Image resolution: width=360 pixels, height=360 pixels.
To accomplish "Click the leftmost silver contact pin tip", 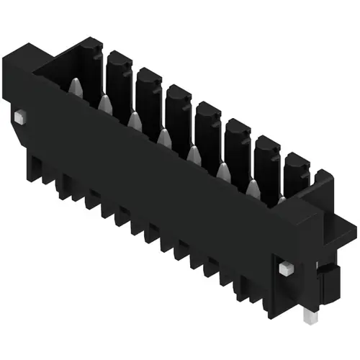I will pyautogui.click(x=75, y=88).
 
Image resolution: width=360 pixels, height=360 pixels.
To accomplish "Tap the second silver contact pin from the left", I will pyautogui.click(x=104, y=105).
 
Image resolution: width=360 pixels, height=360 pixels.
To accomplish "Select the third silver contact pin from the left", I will pyautogui.click(x=134, y=120).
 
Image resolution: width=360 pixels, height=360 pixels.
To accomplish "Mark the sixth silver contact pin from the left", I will pyautogui.click(x=222, y=170).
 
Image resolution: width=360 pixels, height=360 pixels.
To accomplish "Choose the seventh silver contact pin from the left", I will pyautogui.click(x=252, y=187).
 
